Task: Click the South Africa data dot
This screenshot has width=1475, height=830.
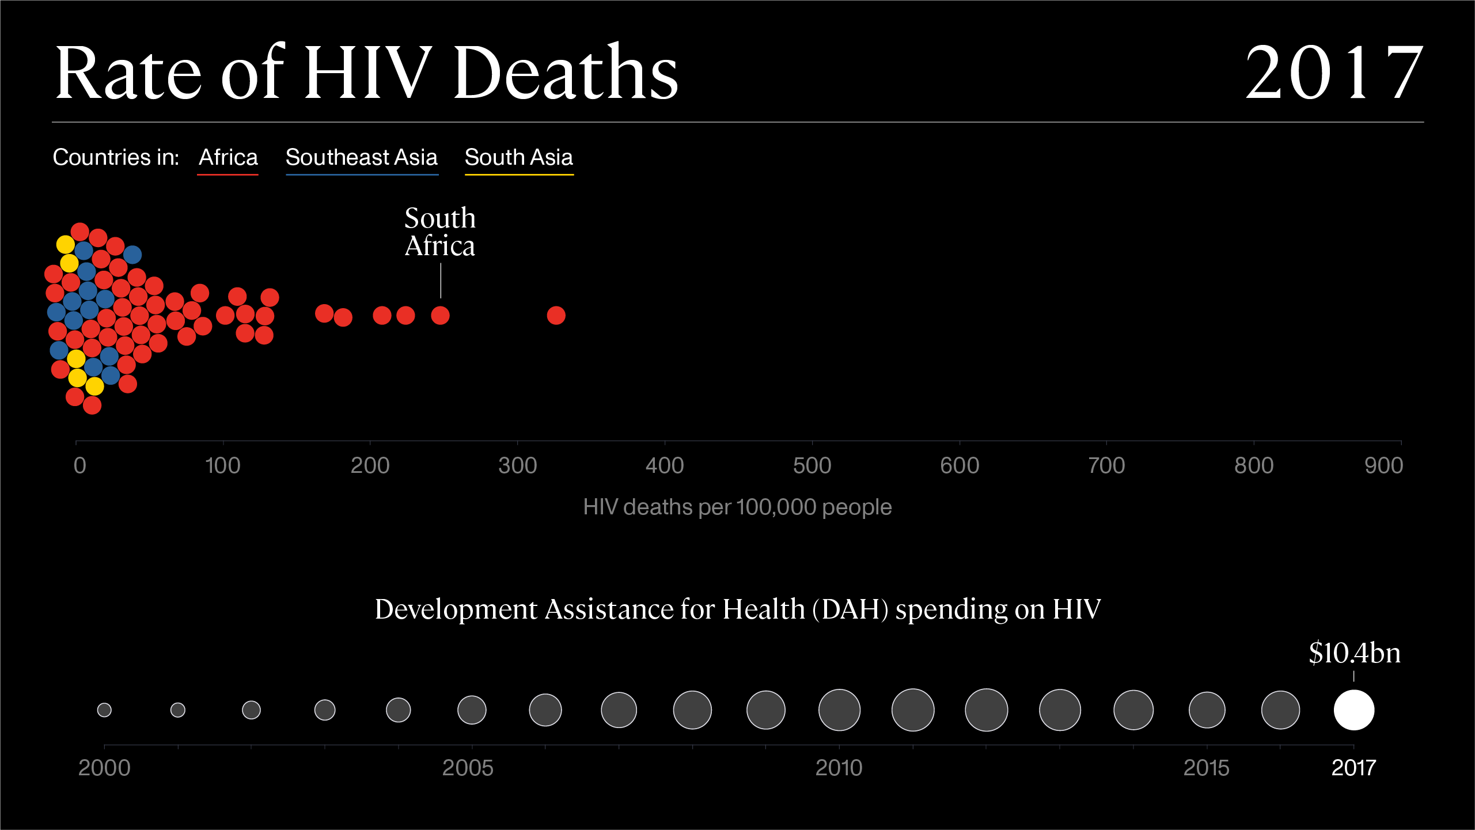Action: pyautogui.click(x=440, y=315)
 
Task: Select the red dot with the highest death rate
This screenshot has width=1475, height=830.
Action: pyautogui.click(x=556, y=315)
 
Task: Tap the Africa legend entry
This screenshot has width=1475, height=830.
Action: pyautogui.click(x=228, y=157)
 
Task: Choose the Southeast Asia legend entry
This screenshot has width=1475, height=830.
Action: pyautogui.click(x=362, y=157)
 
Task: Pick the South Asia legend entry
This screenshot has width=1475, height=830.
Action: pyautogui.click(x=518, y=157)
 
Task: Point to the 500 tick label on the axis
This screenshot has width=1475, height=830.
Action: pyautogui.click(x=812, y=465)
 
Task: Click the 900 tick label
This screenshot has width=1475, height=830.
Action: pyautogui.click(x=1383, y=465)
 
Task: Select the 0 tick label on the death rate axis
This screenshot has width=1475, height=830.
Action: pyautogui.click(x=79, y=465)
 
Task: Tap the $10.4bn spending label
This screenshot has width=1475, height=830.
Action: pyautogui.click(x=1355, y=653)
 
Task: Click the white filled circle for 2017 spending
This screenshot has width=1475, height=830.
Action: pyautogui.click(x=1353, y=710)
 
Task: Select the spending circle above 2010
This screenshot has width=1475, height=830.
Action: pyautogui.click(x=839, y=710)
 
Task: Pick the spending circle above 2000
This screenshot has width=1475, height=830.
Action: pyautogui.click(x=104, y=710)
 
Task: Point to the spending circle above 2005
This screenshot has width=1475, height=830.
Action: pyautogui.click(x=472, y=710)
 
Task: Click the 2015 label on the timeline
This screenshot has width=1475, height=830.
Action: pyautogui.click(x=1206, y=768)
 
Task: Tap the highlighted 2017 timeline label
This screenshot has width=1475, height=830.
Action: pyautogui.click(x=1353, y=768)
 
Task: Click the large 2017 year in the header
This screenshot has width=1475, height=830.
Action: pyautogui.click(x=1333, y=74)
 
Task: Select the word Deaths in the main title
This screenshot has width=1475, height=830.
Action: pyautogui.click(x=566, y=74)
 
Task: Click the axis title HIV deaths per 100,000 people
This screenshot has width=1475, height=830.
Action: pyautogui.click(x=737, y=507)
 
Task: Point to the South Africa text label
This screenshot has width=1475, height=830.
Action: pyautogui.click(x=440, y=232)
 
